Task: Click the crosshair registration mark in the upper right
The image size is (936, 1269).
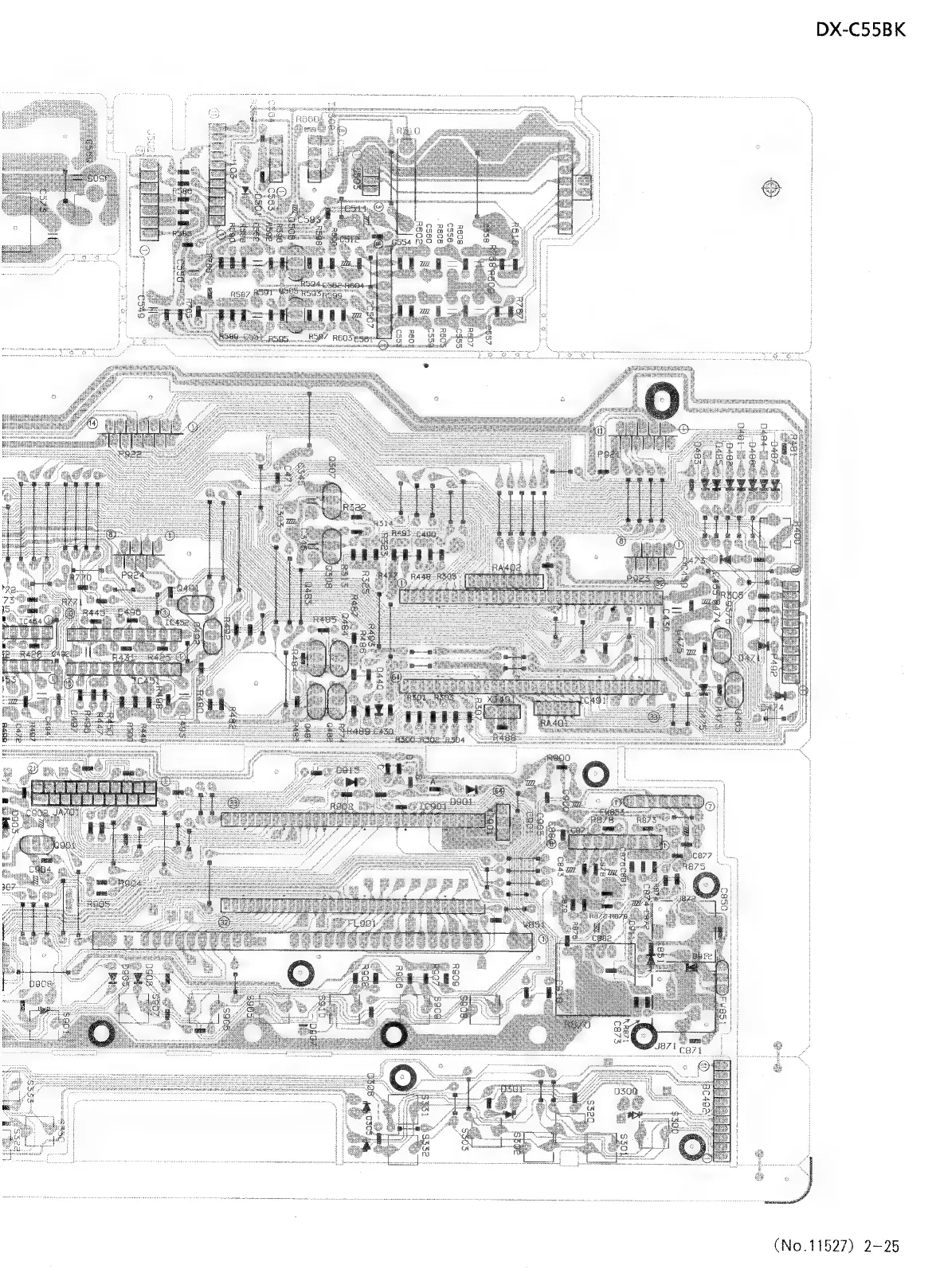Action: [769, 189]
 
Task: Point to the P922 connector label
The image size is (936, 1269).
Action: [130, 453]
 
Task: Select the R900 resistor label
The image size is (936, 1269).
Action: [558, 759]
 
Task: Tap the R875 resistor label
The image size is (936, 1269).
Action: [695, 866]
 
